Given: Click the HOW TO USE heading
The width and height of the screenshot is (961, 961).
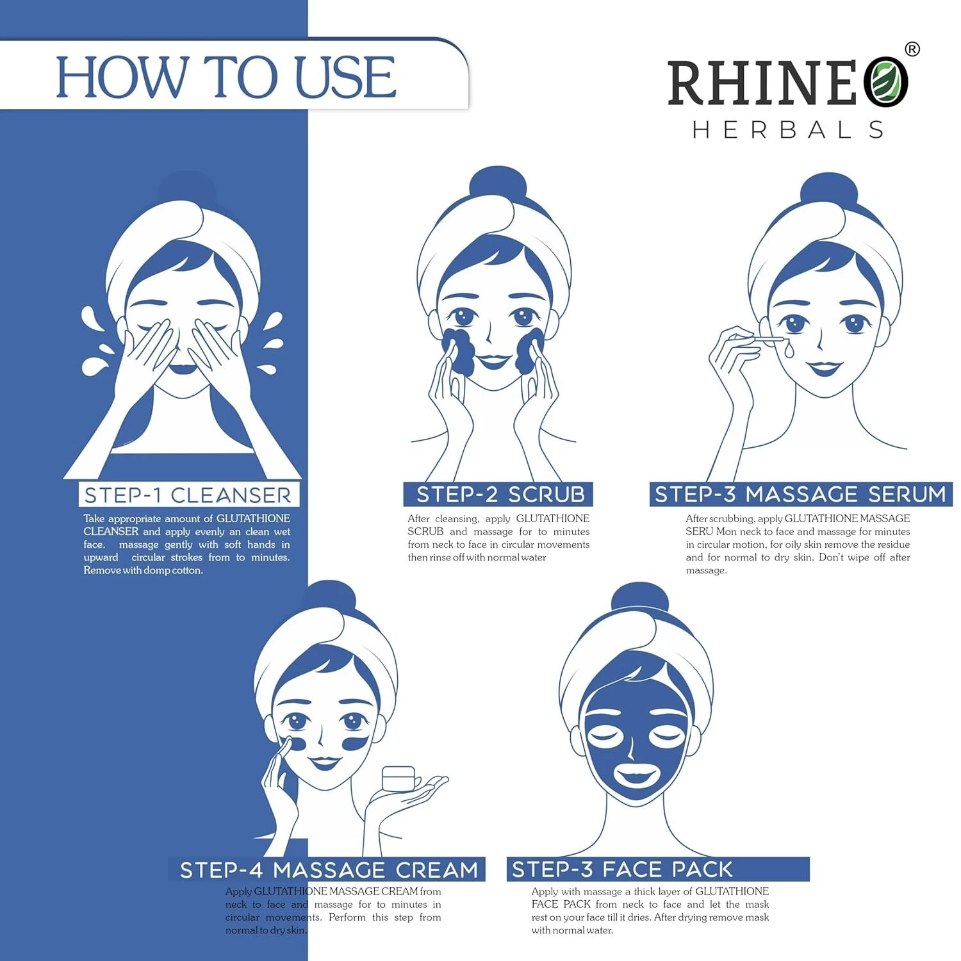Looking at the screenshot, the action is [x=226, y=77].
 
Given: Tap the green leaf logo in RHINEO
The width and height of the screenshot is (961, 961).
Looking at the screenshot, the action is [x=885, y=81].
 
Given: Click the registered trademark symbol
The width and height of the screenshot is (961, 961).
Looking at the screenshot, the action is [x=912, y=49].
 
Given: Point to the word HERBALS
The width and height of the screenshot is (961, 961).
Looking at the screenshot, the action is [x=788, y=130].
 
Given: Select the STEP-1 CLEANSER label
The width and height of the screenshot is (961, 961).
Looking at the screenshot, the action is [x=188, y=495].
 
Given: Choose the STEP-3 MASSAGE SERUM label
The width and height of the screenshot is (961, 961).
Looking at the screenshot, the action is [x=800, y=494].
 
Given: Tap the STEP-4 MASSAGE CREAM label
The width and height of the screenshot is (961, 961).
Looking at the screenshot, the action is [x=329, y=870].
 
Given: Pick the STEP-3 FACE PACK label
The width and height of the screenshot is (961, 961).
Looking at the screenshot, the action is [x=622, y=869].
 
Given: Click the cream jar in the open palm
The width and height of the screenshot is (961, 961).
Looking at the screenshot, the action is [x=398, y=779].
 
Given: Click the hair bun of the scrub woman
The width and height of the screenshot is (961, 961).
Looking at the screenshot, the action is [x=498, y=185].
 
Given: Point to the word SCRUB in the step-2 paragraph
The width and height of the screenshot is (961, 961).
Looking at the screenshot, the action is [x=425, y=532].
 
